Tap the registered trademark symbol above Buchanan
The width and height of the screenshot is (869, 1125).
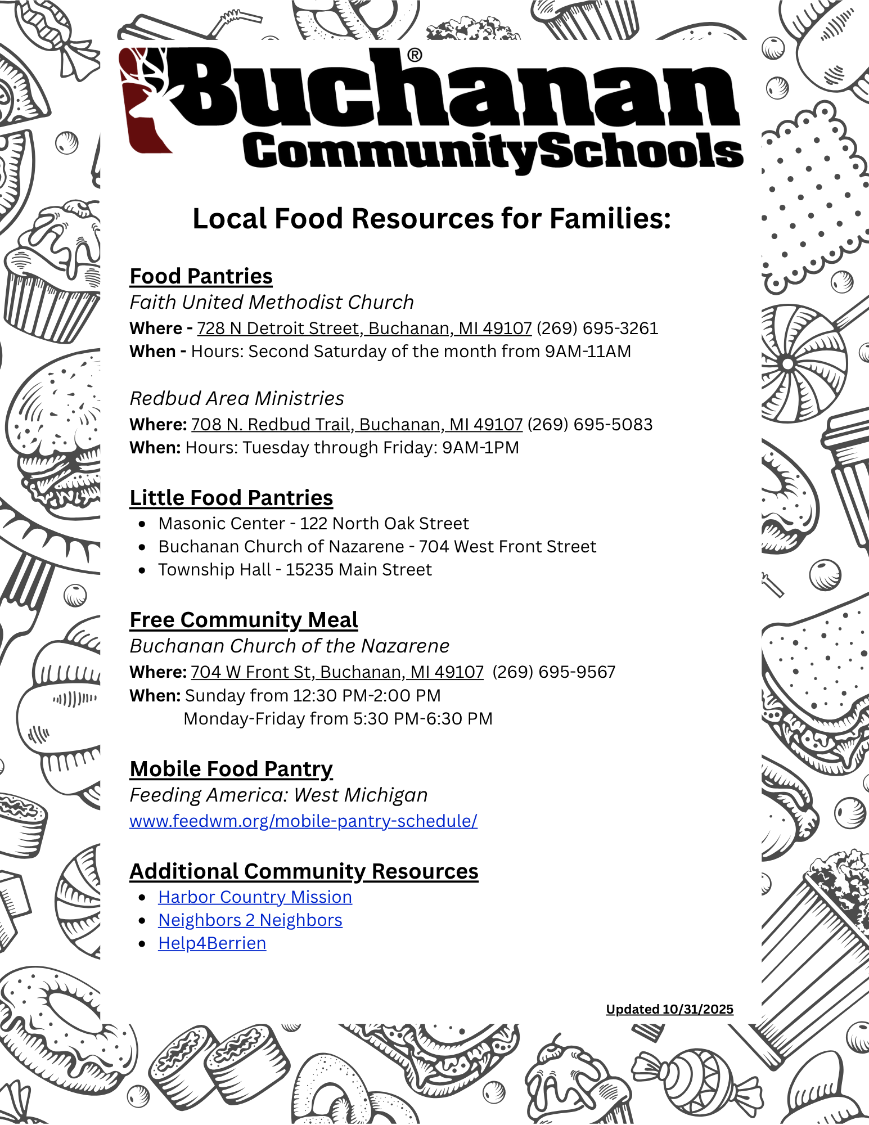point(414,55)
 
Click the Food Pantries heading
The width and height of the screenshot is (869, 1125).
point(201,276)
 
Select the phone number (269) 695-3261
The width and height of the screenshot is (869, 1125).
point(597,328)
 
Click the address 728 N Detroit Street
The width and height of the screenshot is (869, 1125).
point(364,328)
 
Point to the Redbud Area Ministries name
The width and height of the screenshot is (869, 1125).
point(237,398)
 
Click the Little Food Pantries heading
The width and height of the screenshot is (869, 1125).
point(231,498)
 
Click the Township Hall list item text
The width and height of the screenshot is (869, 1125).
point(295,570)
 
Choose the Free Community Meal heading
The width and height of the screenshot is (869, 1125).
point(244,620)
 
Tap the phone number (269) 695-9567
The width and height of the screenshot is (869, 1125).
point(553,672)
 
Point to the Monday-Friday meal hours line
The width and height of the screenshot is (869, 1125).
point(337,719)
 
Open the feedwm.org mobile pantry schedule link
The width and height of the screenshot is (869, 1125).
point(303,821)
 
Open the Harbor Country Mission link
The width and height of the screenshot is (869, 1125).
point(255,897)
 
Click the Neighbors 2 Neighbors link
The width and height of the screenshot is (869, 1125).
point(250,920)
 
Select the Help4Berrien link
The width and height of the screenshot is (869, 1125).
point(212,943)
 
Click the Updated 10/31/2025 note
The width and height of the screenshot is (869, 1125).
point(669,1009)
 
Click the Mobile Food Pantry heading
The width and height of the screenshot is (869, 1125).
point(231,769)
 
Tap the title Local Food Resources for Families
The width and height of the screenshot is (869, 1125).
point(431,219)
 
